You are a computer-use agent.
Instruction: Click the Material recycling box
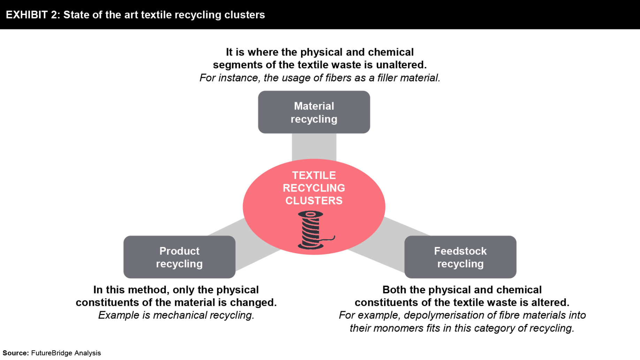(314, 112)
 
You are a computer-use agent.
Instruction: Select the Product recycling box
(179, 257)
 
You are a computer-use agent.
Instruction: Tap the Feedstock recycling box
(460, 257)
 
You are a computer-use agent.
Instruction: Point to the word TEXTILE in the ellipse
(314, 175)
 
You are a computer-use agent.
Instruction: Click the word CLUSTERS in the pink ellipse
(314, 201)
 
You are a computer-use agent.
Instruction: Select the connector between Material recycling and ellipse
(314, 147)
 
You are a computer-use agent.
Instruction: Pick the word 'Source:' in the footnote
(16, 353)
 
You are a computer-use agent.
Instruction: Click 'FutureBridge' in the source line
(52, 353)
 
